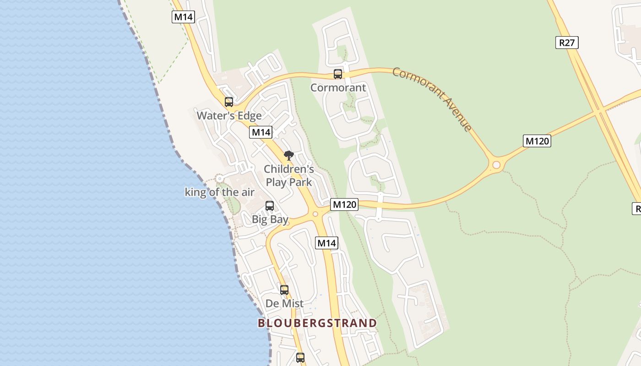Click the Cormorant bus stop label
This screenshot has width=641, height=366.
tap(338, 87)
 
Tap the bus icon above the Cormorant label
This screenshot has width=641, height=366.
tap(338, 74)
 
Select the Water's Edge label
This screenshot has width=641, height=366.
tap(229, 115)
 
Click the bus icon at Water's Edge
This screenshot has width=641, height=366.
tap(229, 102)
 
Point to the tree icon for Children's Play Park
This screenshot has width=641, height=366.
tap(288, 156)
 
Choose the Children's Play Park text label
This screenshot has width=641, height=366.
tap(289, 176)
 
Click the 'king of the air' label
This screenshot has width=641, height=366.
tap(219, 192)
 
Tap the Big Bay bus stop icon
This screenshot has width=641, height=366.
tap(270, 206)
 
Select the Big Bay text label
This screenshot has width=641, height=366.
tap(270, 219)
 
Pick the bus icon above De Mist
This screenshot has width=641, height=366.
tap(284, 290)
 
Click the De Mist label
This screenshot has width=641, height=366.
tap(284, 303)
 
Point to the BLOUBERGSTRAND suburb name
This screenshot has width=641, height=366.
tap(317, 323)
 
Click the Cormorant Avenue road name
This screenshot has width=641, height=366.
tap(432, 99)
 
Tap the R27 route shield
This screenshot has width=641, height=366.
tap(567, 43)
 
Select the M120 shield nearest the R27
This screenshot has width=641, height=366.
tap(537, 141)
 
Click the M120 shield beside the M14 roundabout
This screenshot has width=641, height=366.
tap(344, 205)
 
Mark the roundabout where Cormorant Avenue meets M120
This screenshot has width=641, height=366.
tap(496, 165)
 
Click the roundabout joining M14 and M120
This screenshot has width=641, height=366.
tap(315, 214)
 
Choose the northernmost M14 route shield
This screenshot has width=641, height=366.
tap(184, 17)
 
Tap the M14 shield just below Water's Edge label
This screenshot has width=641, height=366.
tap(261, 133)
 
